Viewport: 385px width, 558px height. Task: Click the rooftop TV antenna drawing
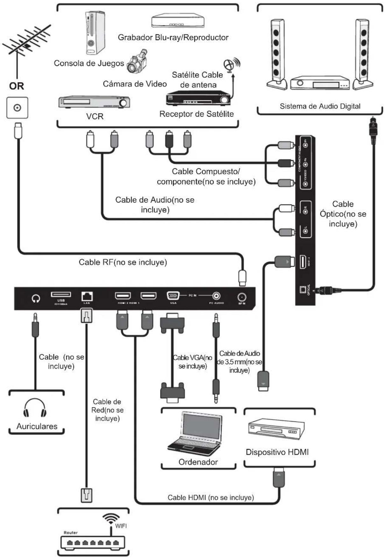pos(25,45)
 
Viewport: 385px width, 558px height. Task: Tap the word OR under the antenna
pos(17,86)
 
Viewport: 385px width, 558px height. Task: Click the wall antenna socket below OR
pos(17,108)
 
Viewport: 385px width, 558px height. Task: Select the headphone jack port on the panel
pos(36,298)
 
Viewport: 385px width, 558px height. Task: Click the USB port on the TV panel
pos(61,295)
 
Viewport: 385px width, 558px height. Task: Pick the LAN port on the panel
pos(87,296)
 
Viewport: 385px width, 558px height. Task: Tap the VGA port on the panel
pos(173,296)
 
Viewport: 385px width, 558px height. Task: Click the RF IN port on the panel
pos(242,298)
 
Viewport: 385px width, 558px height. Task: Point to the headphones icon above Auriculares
pos(35,408)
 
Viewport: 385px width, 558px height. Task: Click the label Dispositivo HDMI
pos(277,452)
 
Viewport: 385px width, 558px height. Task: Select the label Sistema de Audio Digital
pos(320,106)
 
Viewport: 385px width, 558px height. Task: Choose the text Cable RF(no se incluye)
pos(123,262)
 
